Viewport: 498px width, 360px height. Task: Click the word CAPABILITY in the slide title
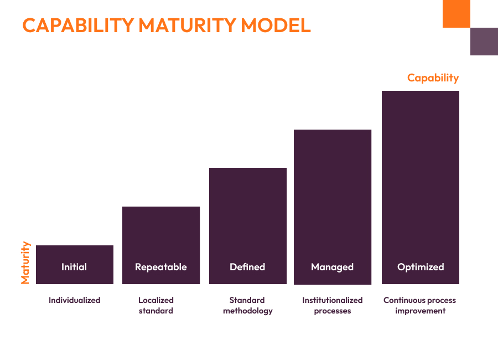click(x=78, y=25)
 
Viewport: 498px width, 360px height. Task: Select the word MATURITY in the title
click(x=186, y=25)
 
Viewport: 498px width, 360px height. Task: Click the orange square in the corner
click(x=456, y=13)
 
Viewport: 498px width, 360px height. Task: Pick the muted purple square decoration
click(x=484, y=42)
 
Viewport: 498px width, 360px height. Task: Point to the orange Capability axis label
click(x=433, y=78)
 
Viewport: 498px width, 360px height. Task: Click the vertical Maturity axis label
click(x=25, y=263)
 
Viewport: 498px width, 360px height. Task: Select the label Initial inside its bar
click(x=74, y=267)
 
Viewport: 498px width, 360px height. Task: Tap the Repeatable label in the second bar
click(x=161, y=267)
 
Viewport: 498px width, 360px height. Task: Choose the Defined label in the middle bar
click(x=247, y=267)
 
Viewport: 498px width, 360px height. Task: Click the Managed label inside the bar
click(x=332, y=267)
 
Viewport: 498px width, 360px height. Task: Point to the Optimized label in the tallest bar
click(x=421, y=267)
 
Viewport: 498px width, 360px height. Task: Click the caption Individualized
click(x=74, y=300)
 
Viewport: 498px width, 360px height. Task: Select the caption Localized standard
click(x=156, y=305)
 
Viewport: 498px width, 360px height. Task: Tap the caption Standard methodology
click(x=247, y=305)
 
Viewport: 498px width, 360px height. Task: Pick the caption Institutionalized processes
click(x=332, y=305)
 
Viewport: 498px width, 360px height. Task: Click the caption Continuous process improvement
click(x=420, y=305)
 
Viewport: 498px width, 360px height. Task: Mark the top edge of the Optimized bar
click(x=421, y=91)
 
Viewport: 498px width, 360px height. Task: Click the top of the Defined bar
click(x=248, y=168)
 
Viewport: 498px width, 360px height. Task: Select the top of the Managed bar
click(x=333, y=130)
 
